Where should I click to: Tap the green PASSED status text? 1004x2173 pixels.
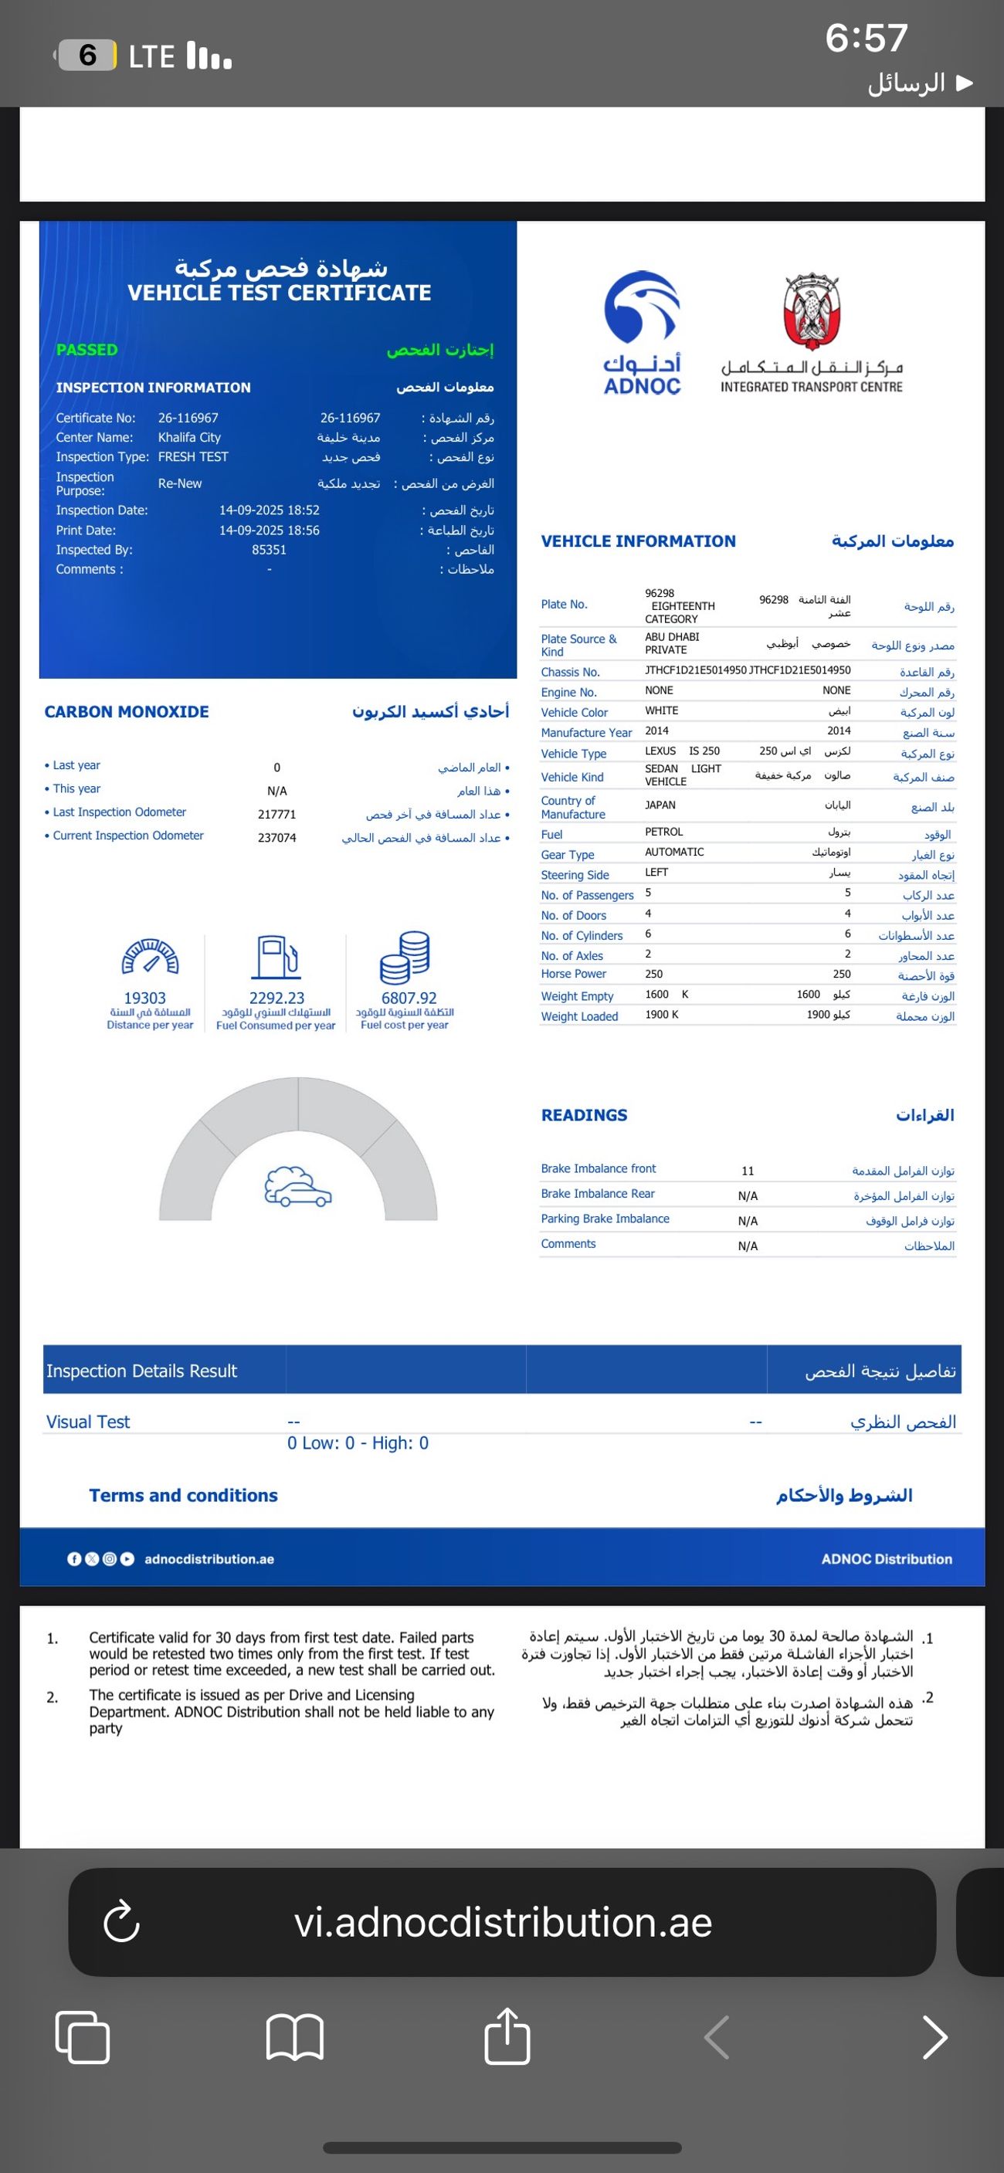click(87, 349)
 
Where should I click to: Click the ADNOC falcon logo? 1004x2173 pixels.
click(642, 309)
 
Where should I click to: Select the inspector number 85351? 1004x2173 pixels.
click(269, 550)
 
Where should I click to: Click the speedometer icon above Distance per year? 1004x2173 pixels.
click(150, 958)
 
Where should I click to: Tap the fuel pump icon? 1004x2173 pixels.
click(276, 958)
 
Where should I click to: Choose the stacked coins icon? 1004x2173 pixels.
click(405, 958)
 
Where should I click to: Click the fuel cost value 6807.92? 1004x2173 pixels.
click(409, 998)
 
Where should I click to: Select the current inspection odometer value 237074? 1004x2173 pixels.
click(276, 838)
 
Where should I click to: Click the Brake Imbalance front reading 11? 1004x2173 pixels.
click(748, 1171)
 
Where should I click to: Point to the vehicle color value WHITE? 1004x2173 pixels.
click(661, 711)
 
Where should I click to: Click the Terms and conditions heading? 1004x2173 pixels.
click(183, 1496)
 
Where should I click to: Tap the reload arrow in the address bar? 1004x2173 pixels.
click(121, 1923)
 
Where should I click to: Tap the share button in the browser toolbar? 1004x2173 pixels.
click(507, 2036)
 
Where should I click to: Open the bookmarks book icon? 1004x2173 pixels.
click(294, 2037)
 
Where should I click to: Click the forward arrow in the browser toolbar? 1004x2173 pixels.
click(934, 2037)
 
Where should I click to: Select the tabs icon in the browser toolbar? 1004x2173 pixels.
click(83, 2037)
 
